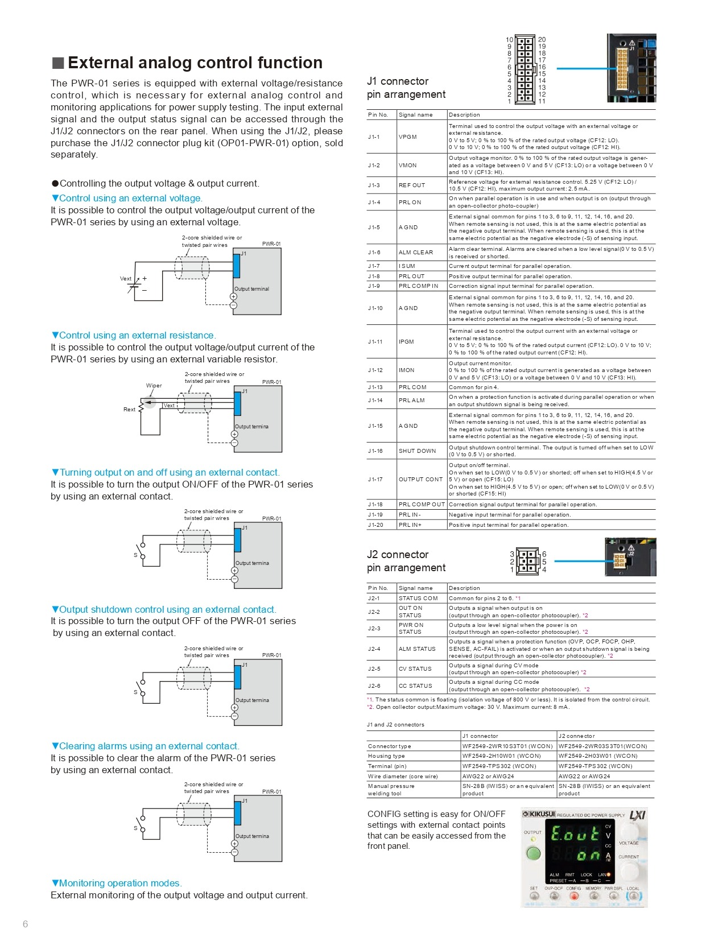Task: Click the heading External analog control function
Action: coord(195,63)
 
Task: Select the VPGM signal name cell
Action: coord(407,137)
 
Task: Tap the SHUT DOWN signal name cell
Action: coord(417,451)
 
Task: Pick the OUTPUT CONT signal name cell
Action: coord(420,480)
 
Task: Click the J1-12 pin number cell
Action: coord(375,370)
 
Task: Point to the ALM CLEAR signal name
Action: coord(415,253)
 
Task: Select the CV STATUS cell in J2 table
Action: coord(415,669)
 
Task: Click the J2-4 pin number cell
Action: coord(374,649)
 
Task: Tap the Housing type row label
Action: coord(386,756)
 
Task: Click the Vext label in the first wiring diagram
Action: coord(125,279)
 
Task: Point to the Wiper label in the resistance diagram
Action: coord(154,386)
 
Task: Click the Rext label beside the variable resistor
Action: coord(129,410)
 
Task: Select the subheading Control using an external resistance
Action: coord(134,336)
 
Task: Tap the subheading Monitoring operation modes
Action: coord(117,884)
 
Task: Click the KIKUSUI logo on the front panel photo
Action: coord(539,815)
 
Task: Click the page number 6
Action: coord(25,924)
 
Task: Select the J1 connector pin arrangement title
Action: coord(406,88)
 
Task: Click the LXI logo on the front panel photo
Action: coord(637,815)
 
